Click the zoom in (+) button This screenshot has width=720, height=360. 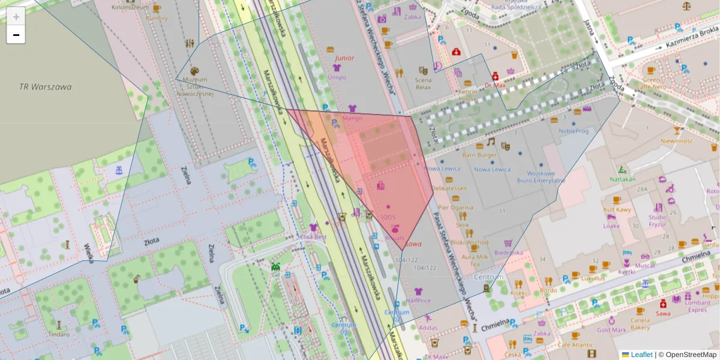(16, 17)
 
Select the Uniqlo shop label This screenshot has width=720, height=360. (337, 77)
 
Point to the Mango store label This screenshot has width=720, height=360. (352, 118)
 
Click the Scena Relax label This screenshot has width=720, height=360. (423, 83)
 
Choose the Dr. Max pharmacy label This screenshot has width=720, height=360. (496, 85)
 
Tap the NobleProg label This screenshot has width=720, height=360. (574, 131)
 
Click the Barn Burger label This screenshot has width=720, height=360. (479, 155)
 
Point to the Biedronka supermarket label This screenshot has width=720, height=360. (508, 253)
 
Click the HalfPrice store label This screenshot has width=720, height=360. (418, 301)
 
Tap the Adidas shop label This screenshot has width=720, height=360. (428, 328)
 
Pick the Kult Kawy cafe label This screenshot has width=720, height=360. (617, 210)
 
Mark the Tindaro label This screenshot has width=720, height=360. (59, 334)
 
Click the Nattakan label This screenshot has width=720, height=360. (622, 179)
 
